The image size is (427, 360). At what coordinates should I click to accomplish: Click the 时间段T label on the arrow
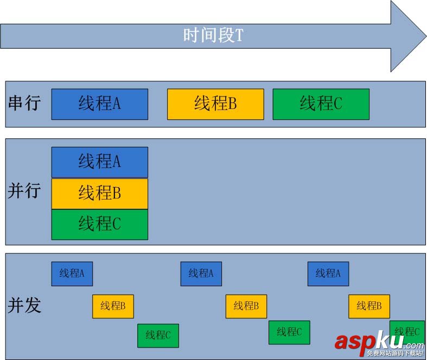[213, 36]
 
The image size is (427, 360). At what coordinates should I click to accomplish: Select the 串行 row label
[24, 103]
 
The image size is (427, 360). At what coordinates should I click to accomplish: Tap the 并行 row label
[24, 191]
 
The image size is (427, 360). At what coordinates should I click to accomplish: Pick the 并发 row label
[24, 305]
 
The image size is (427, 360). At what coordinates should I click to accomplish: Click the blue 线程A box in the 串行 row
[99, 104]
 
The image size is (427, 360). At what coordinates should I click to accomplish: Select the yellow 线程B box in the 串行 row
[215, 104]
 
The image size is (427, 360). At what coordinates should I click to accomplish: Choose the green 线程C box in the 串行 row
[321, 104]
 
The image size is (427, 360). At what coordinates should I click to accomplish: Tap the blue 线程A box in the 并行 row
[99, 162]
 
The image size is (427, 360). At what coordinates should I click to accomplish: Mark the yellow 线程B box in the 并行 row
[99, 194]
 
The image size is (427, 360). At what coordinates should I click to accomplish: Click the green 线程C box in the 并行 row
[99, 224]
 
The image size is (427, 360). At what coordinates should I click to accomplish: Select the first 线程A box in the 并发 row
[72, 274]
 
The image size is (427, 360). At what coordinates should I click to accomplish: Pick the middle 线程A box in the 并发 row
[201, 274]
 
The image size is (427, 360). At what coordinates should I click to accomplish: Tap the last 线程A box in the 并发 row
[328, 274]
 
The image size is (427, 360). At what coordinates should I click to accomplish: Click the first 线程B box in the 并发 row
[113, 306]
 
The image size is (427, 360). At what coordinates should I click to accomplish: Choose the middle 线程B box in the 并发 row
[246, 306]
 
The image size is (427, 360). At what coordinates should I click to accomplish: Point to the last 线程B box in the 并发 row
[369, 306]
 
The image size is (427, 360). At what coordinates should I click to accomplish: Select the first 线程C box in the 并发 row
[158, 335]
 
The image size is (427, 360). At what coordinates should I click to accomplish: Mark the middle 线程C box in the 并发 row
[289, 332]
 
